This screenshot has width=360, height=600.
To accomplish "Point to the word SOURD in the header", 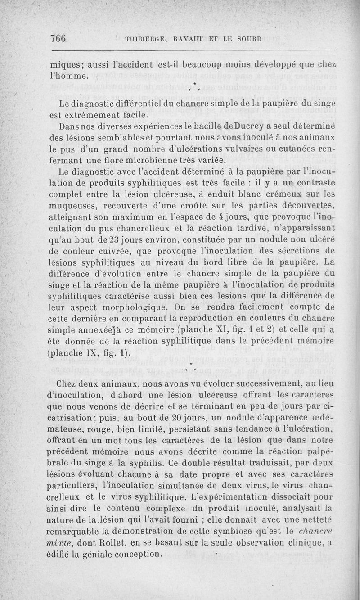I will pyautogui.click(x=249, y=39).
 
